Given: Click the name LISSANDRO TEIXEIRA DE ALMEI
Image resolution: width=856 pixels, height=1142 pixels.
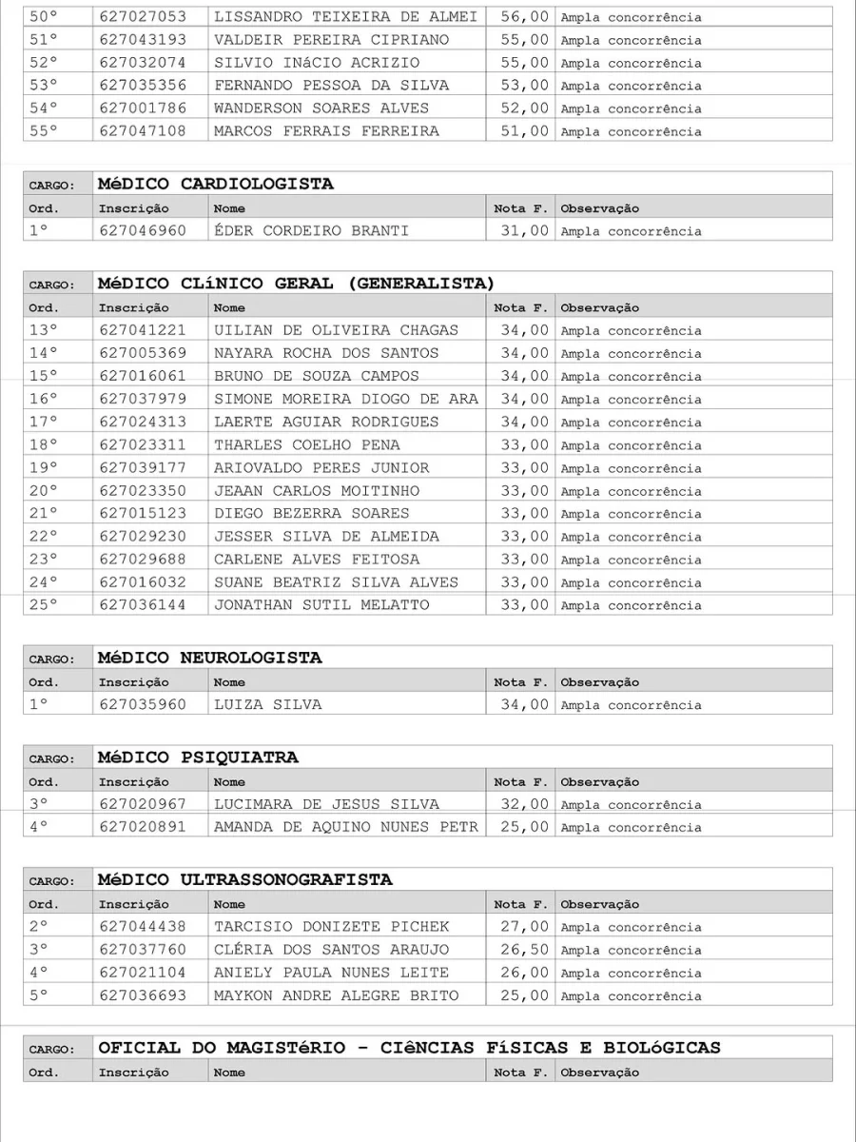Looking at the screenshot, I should pyautogui.click(x=345, y=17).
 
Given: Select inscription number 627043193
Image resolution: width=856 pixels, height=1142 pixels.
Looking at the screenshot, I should pyautogui.click(x=143, y=40).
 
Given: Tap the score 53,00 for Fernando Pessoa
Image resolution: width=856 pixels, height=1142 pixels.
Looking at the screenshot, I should pyautogui.click(x=524, y=86).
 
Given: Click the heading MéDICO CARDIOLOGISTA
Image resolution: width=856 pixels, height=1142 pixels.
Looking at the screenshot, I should pyautogui.click(x=216, y=184).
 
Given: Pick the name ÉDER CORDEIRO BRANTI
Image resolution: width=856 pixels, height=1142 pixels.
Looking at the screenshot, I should pyautogui.click(x=311, y=230).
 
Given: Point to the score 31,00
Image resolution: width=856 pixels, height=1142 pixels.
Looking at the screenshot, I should pyautogui.click(x=524, y=230).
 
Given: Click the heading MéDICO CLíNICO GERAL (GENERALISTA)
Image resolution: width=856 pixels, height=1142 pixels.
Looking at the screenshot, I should pyautogui.click(x=296, y=284).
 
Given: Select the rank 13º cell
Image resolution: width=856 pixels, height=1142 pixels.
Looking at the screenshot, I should pyautogui.click(x=44, y=330).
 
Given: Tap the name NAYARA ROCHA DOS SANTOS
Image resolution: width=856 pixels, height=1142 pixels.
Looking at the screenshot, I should pyautogui.click(x=326, y=353).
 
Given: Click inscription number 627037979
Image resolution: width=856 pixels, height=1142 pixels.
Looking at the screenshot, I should pyautogui.click(x=143, y=399).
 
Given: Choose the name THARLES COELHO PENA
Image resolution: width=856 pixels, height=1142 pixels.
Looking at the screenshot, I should pyautogui.click(x=306, y=444).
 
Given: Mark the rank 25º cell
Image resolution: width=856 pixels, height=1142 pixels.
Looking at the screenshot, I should pyautogui.click(x=44, y=604).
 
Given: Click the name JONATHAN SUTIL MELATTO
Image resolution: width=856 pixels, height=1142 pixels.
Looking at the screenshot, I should pyautogui.click(x=321, y=604).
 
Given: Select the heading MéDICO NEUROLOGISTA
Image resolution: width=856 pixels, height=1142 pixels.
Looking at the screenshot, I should pyautogui.click(x=209, y=658).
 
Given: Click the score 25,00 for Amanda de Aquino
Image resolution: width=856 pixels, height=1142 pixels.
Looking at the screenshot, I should pyautogui.click(x=524, y=827).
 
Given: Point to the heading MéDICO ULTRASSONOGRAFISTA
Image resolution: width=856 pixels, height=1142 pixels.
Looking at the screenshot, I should pyautogui.click(x=244, y=879).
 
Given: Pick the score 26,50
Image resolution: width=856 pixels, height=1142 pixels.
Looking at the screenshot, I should pyautogui.click(x=524, y=950).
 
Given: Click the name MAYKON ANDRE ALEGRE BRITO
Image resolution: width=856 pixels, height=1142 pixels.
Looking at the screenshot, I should pyautogui.click(x=336, y=995).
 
